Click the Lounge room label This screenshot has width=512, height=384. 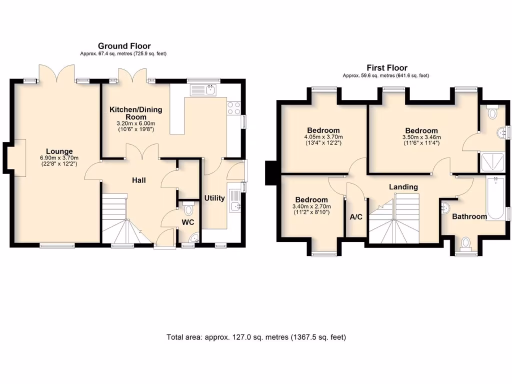[59, 151]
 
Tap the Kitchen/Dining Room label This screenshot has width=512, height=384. [136, 113]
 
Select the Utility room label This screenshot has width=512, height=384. [214, 198]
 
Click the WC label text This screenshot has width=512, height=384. [187, 222]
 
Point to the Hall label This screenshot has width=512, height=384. [139, 180]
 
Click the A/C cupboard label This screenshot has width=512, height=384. [356, 217]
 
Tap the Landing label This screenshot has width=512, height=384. [403, 187]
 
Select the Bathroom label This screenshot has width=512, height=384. [469, 216]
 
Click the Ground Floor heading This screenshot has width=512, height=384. [124, 46]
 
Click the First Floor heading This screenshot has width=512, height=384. [387, 68]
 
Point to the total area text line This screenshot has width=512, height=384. [256, 337]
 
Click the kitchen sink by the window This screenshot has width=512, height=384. [204, 90]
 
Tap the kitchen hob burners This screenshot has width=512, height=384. [234, 108]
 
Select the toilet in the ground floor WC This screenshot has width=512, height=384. [188, 208]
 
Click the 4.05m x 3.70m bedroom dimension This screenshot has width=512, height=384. [321, 137]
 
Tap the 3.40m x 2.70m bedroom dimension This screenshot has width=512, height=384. [311, 206]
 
